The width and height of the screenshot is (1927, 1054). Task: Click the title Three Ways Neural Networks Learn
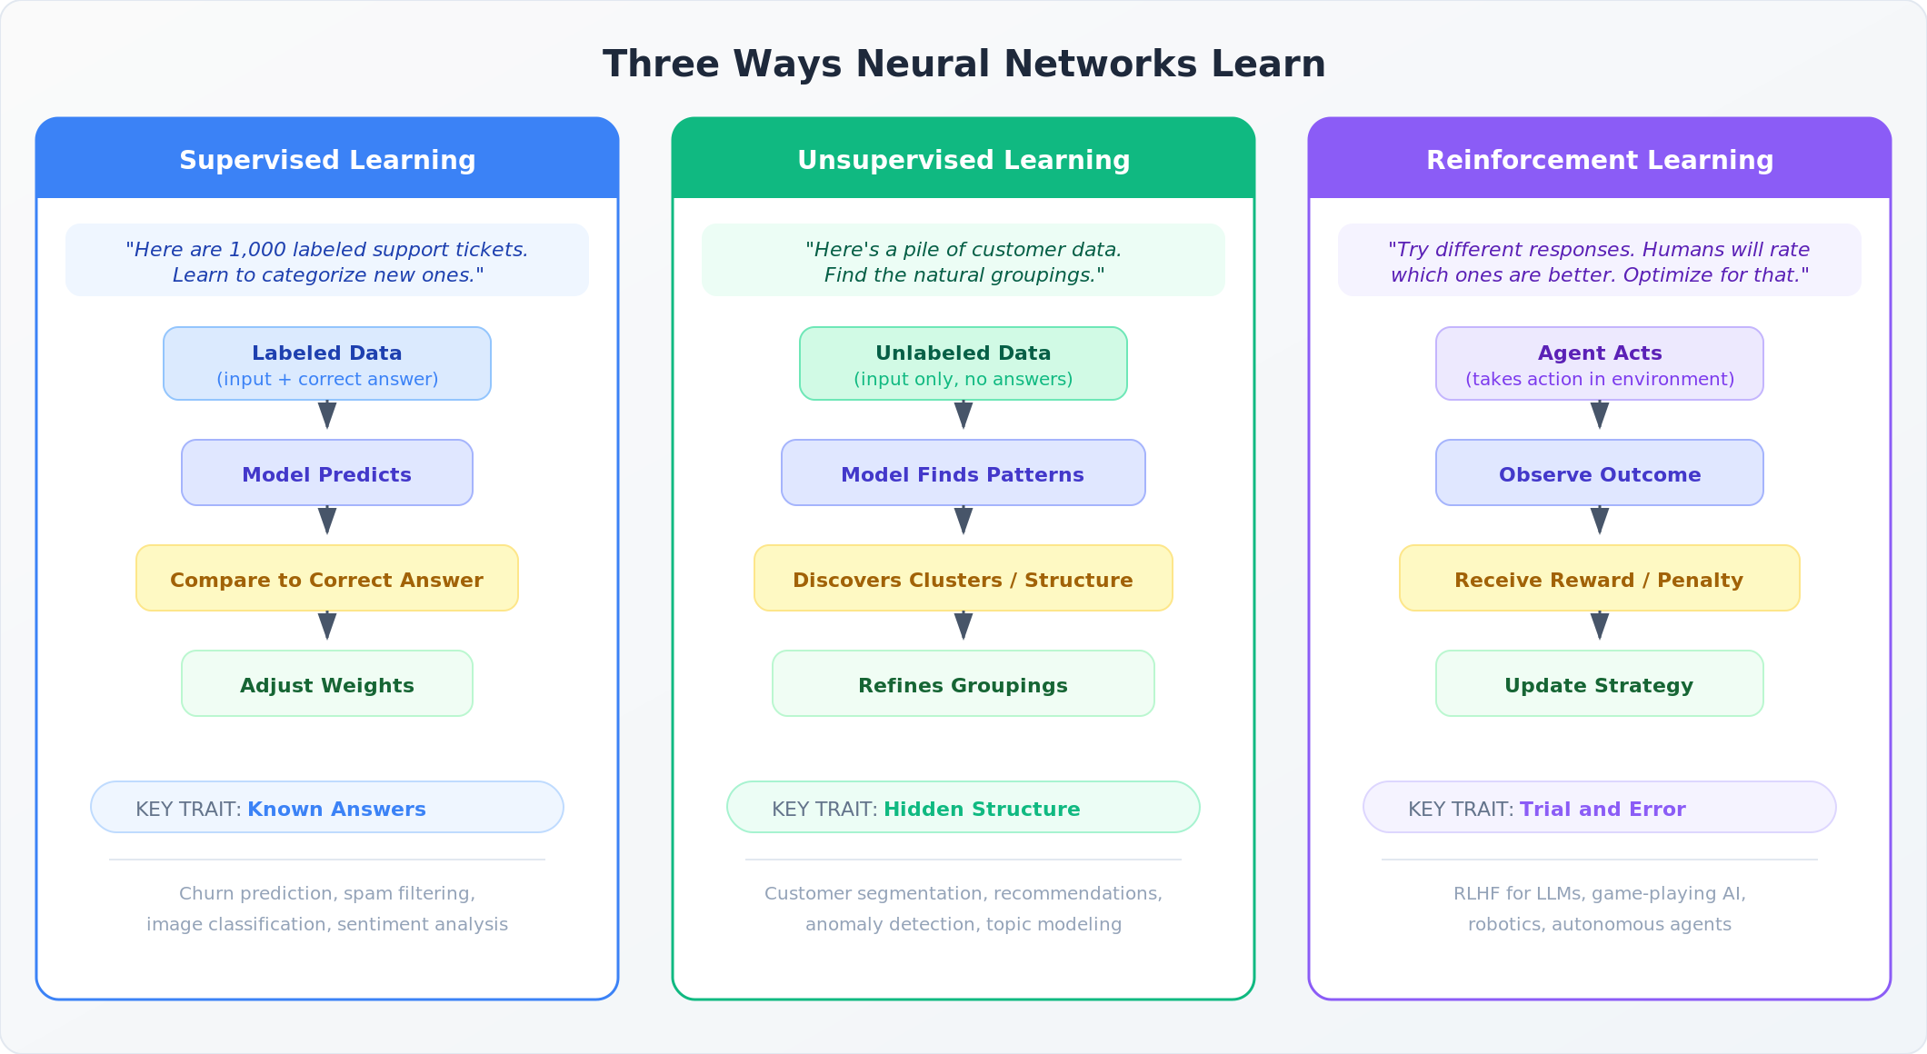point(963,65)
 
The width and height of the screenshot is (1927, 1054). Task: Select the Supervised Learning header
point(327,160)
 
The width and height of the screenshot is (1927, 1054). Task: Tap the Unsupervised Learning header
point(963,160)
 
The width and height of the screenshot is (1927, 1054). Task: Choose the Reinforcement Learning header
point(1600,160)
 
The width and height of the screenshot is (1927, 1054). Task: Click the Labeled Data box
point(327,363)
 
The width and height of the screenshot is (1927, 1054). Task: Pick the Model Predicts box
point(327,473)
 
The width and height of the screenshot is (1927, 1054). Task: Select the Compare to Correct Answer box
point(327,579)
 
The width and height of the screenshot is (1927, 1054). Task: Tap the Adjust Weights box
point(327,684)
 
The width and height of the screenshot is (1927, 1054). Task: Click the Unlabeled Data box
point(963,363)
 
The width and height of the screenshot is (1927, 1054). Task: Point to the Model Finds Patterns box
point(963,473)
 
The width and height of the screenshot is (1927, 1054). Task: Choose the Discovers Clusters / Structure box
point(963,579)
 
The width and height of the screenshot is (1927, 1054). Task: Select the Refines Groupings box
point(963,684)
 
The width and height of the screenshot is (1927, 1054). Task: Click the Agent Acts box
point(1600,363)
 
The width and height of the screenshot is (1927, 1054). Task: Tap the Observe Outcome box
point(1600,473)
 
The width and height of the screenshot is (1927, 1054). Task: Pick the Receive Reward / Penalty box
point(1600,579)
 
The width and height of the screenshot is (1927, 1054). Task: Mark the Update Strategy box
point(1600,684)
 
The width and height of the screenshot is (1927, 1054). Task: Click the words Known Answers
point(336,809)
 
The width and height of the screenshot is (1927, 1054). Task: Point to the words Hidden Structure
point(982,809)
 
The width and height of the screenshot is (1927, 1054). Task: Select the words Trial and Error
point(1603,809)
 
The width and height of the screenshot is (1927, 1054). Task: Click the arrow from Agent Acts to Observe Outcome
point(1600,416)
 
